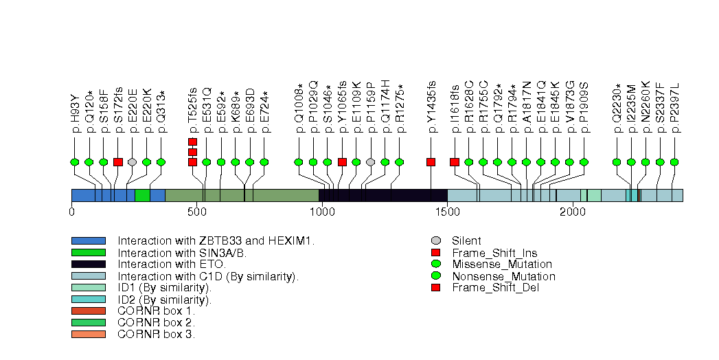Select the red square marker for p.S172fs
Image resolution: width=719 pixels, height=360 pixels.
coord(117,162)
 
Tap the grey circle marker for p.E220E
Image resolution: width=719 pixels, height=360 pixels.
coord(132,162)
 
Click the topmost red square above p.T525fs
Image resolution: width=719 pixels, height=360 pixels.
coord(192,142)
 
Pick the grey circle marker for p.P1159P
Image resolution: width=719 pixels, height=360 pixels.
coord(371,162)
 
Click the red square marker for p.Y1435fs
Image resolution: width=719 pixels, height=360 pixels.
coord(431,162)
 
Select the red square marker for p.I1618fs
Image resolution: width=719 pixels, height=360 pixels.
coord(454,162)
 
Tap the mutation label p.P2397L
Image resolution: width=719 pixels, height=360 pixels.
coord(674,106)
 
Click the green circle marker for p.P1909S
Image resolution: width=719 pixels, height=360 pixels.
coord(584,162)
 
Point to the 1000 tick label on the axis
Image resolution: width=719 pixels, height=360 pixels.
coord(322,212)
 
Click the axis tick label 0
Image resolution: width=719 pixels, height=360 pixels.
coord(71,212)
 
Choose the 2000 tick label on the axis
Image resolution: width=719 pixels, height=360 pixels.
coord(572,212)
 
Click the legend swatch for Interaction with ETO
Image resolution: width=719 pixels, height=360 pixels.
coord(88,265)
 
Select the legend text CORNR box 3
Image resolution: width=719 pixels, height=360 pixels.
coord(156,335)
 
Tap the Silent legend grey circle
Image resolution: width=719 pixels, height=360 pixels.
coord(435,241)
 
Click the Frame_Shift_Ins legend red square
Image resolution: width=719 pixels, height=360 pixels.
coord(435,253)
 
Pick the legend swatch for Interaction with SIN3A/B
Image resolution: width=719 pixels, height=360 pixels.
coord(88,253)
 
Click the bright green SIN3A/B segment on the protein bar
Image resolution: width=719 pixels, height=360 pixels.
coord(142,195)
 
